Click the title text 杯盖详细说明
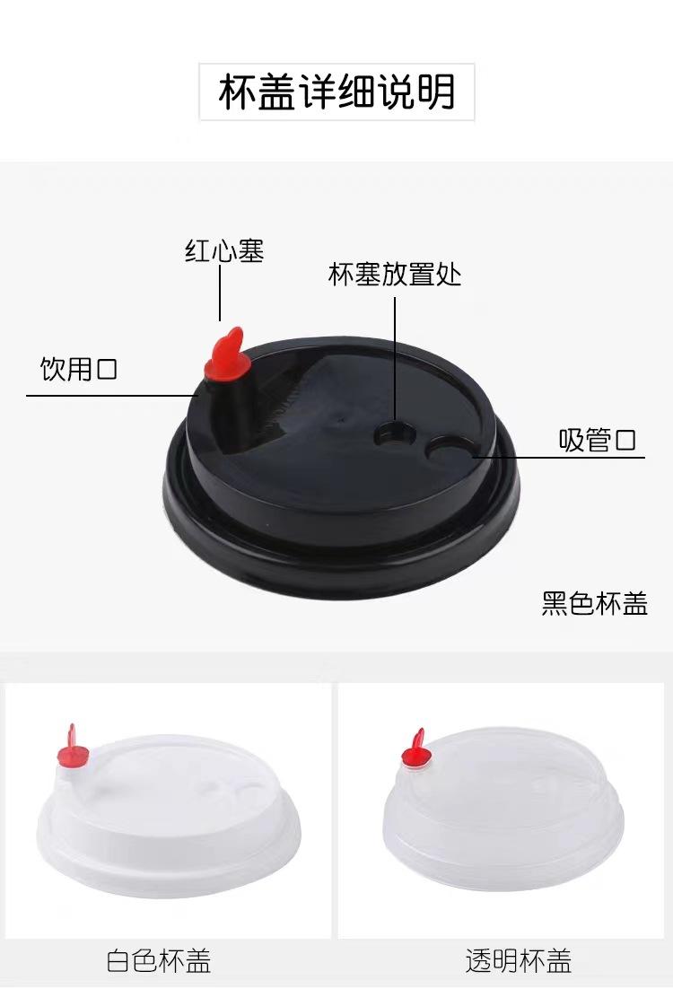[x=336, y=92]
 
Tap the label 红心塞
[x=224, y=250]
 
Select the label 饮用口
[x=79, y=368]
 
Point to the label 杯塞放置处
[x=395, y=274]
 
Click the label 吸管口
[x=598, y=440]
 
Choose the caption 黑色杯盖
[x=594, y=603]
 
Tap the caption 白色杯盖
[x=158, y=960]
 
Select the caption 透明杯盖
[x=519, y=960]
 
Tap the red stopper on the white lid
[x=72, y=748]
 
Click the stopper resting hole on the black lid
[x=396, y=434]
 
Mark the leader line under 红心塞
[x=220, y=293]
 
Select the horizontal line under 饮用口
[x=112, y=396]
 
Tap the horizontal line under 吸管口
[x=558, y=456]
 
